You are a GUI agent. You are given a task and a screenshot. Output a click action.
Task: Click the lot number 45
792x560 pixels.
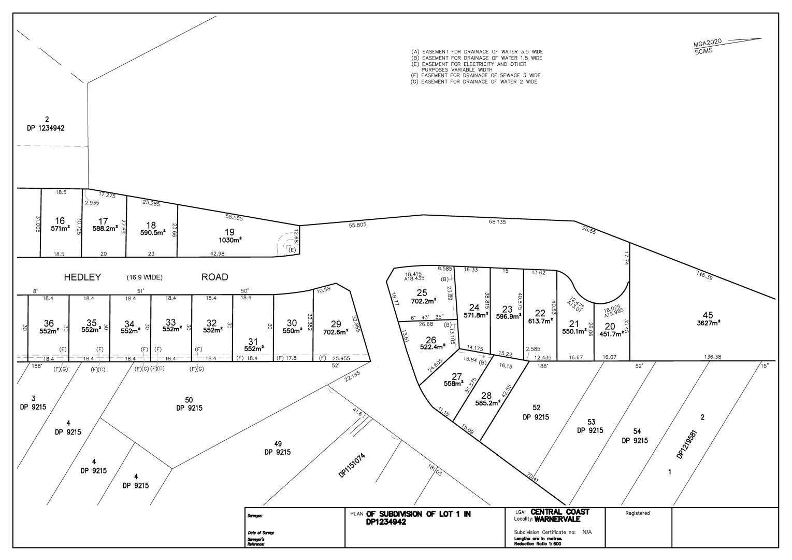[708, 315]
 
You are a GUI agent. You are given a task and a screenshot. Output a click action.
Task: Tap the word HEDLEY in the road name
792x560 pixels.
[82, 277]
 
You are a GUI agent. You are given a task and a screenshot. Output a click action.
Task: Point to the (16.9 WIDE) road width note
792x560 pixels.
[145, 277]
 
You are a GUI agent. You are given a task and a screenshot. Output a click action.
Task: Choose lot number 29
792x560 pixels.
[336, 324]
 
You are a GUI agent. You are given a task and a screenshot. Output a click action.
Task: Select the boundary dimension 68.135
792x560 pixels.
[497, 221]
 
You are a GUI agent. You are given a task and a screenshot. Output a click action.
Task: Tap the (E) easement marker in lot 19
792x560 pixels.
[292, 250]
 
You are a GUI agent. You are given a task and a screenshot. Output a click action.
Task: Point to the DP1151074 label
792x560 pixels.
[352, 465]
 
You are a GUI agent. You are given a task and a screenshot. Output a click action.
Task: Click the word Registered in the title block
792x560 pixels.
[637, 513]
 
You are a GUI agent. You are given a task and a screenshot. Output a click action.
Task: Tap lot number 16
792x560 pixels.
[60, 221]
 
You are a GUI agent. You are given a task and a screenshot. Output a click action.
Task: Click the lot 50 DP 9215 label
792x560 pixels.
[189, 404]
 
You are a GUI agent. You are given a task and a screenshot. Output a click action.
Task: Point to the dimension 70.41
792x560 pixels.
[532, 477]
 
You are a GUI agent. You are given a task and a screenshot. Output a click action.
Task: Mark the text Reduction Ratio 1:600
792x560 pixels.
[538, 543]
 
